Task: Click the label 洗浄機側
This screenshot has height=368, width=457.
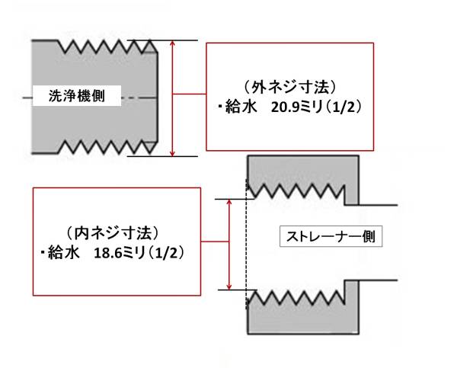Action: (x=77, y=96)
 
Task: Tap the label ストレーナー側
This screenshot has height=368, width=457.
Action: (x=331, y=236)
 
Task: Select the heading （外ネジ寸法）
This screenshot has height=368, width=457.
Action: (x=290, y=88)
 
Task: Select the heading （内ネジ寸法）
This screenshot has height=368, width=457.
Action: (x=113, y=233)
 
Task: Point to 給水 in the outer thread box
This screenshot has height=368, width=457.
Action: (x=241, y=107)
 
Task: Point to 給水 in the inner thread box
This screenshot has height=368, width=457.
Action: (x=63, y=252)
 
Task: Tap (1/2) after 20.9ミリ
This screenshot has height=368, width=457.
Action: (x=344, y=107)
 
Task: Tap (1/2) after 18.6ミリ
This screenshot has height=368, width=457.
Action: (x=167, y=253)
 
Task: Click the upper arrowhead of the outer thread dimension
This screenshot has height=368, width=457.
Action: (x=173, y=43)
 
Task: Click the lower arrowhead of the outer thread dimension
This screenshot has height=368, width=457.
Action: (x=173, y=153)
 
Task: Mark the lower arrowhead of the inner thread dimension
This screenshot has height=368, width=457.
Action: (x=229, y=287)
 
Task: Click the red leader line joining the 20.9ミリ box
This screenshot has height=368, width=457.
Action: (x=190, y=94)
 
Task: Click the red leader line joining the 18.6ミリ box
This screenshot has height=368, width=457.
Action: (x=215, y=242)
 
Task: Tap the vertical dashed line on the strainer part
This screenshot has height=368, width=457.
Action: (x=247, y=245)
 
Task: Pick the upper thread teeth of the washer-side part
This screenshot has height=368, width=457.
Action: (x=108, y=46)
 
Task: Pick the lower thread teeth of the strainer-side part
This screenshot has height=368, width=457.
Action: (x=296, y=297)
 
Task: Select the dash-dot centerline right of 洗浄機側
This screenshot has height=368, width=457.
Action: (x=139, y=98)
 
